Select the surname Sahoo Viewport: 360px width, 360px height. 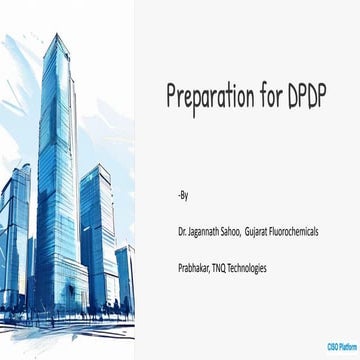coord(243,231)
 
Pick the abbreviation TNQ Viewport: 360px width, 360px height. coord(229,268)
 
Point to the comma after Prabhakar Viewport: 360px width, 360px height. coord(217,271)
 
